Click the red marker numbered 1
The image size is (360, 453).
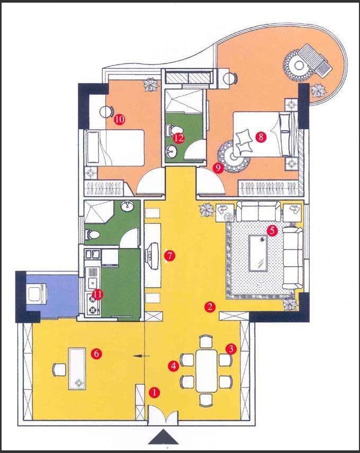[x=154, y=392]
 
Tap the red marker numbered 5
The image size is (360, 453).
[x=272, y=230]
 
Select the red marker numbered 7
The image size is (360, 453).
[x=169, y=256]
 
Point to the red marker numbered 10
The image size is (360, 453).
[x=120, y=119]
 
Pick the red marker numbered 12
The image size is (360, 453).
[x=179, y=138]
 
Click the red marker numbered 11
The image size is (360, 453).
[x=97, y=294]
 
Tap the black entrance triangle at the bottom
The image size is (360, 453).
[x=163, y=437]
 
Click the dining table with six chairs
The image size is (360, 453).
[x=206, y=370]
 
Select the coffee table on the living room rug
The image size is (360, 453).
[x=258, y=253]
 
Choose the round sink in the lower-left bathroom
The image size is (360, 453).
[x=127, y=206]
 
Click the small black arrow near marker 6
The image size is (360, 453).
[x=141, y=356]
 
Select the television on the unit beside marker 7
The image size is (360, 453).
[x=152, y=255]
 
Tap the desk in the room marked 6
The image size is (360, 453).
[x=77, y=369]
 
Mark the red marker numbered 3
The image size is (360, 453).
[x=231, y=349]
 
